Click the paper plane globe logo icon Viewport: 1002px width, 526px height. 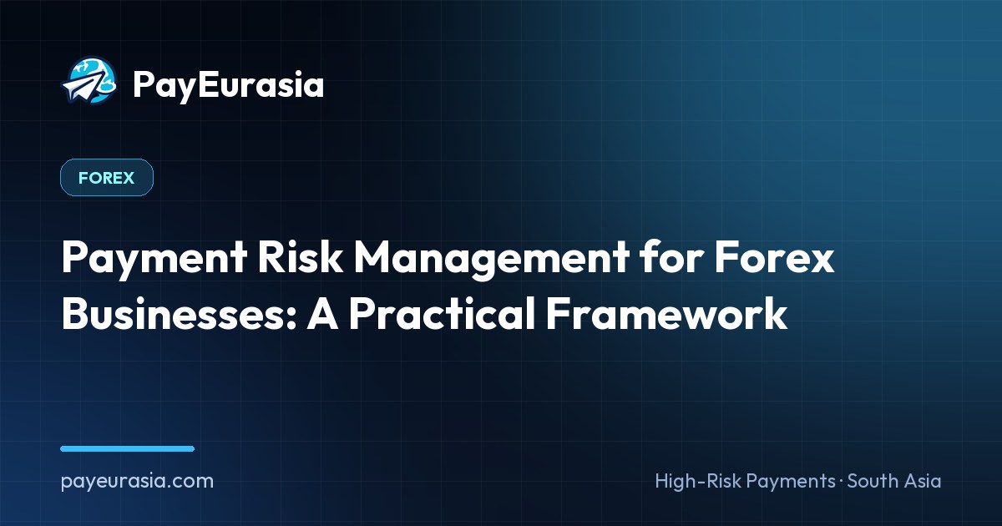89,80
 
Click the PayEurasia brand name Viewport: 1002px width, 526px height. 228,84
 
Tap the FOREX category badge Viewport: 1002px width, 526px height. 107,178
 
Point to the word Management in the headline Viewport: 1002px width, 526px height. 492,259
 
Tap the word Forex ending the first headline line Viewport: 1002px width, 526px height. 774,257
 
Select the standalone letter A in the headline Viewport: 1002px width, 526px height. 322,313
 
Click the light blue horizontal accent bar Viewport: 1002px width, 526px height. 128,448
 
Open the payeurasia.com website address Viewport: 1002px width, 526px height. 137,482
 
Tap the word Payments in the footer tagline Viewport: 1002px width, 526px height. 791,482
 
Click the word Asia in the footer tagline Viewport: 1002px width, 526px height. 924,481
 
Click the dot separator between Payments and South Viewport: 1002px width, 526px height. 842,481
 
